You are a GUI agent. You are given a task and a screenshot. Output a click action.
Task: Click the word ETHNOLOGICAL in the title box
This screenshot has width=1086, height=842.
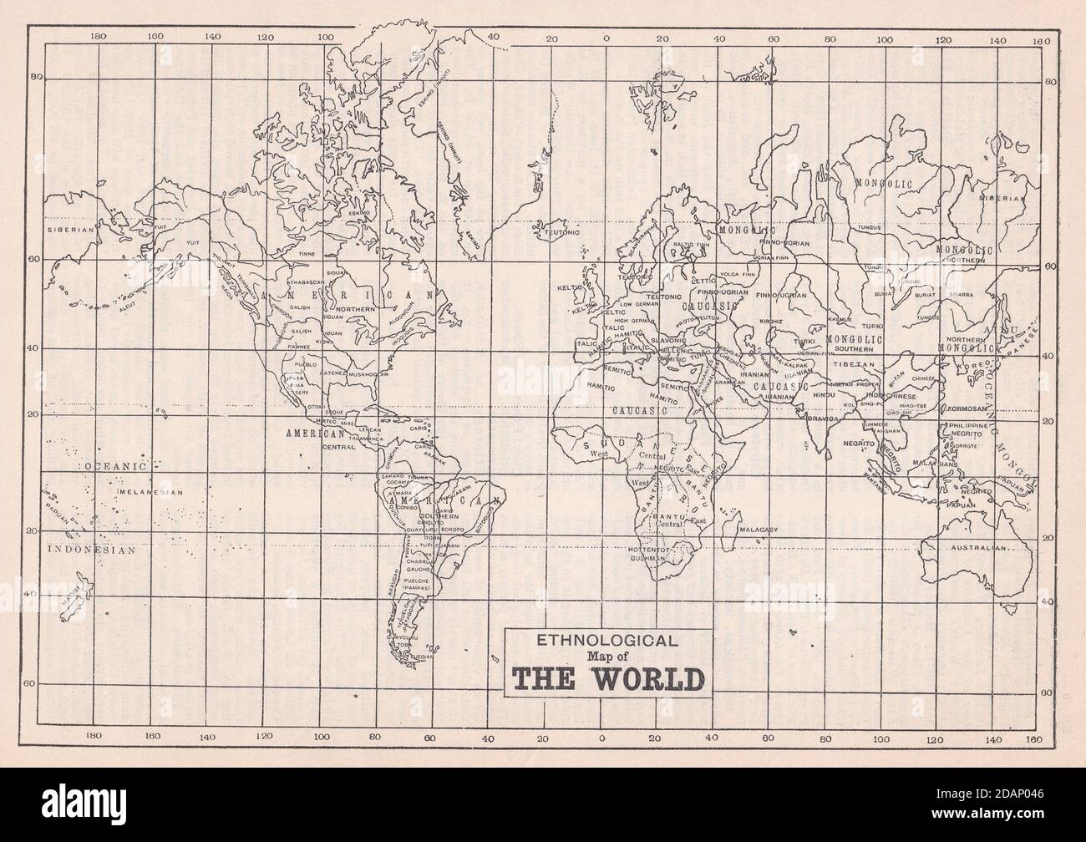pos(607,642)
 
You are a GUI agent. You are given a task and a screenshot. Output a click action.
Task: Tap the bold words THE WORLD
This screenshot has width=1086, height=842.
pos(607,677)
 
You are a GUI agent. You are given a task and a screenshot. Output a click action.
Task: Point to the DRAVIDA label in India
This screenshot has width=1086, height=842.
pos(823,418)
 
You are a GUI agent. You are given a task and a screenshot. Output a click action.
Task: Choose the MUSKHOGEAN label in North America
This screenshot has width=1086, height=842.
pos(368,375)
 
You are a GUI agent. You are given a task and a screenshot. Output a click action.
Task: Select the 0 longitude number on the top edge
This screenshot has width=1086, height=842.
pos(606,38)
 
